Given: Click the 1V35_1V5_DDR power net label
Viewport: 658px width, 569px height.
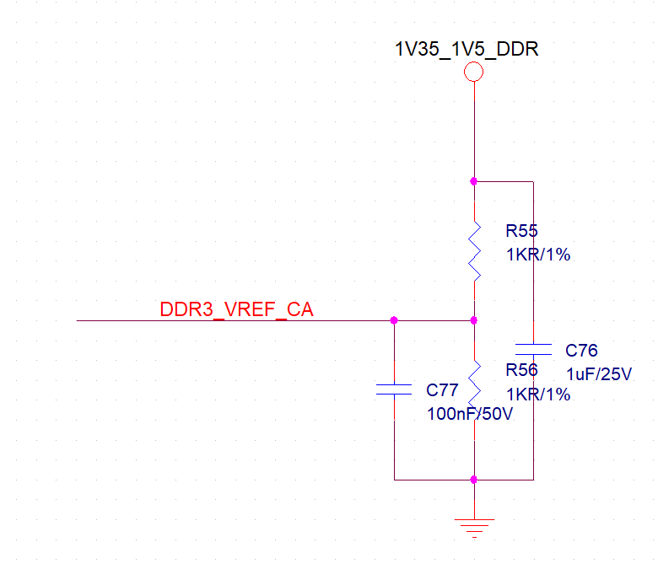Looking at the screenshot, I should click(x=467, y=49).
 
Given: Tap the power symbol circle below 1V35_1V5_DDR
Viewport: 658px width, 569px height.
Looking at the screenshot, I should click(x=474, y=72).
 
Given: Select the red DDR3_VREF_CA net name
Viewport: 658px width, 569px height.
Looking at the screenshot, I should click(x=236, y=310).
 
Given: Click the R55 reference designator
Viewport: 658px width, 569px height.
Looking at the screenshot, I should click(x=521, y=230).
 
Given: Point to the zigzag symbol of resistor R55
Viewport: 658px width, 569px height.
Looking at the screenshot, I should click(x=474, y=250).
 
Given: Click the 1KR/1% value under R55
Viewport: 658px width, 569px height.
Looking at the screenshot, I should click(x=537, y=254).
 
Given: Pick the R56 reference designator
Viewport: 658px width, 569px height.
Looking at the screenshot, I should click(x=521, y=370).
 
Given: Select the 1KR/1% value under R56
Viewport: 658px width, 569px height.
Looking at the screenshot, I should click(x=537, y=394).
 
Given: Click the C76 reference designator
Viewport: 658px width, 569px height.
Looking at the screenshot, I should click(x=581, y=350).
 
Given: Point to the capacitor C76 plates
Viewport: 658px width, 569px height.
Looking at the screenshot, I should click(x=533, y=348).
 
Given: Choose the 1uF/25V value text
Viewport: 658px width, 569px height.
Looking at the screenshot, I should click(x=598, y=373).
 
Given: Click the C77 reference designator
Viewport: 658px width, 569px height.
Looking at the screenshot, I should click(x=442, y=390).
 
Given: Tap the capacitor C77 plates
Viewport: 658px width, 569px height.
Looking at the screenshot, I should click(x=394, y=389).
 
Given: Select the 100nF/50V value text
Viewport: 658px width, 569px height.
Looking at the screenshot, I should click(x=470, y=414).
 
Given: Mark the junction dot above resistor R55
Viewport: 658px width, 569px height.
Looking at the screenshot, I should click(x=474, y=181).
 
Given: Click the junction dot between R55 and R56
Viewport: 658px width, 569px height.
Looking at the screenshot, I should click(x=474, y=320).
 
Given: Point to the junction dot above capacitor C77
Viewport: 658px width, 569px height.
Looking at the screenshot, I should click(x=394, y=320).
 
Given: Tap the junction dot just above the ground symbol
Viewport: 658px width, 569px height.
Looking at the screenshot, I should click(x=474, y=480).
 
